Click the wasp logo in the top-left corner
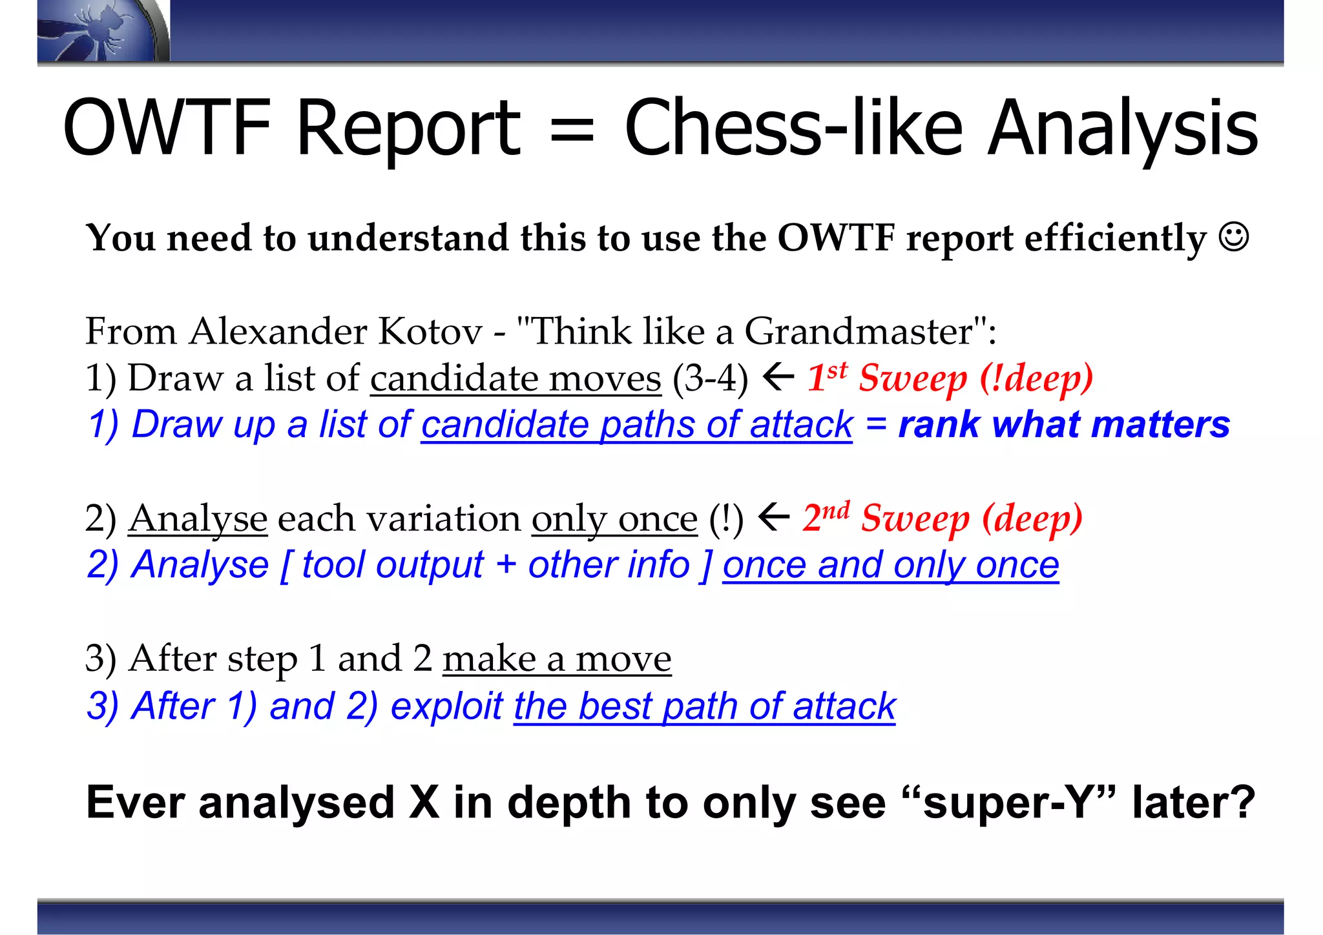97,31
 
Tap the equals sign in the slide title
571,129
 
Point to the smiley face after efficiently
1234,238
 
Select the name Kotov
430,332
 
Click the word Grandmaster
859,332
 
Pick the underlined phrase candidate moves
516,378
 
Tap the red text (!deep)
1036,378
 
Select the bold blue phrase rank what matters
1064,425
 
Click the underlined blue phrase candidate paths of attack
636,425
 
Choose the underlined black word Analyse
198,519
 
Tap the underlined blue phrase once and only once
890,566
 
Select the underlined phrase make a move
557,659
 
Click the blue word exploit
446,706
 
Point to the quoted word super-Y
1010,803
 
